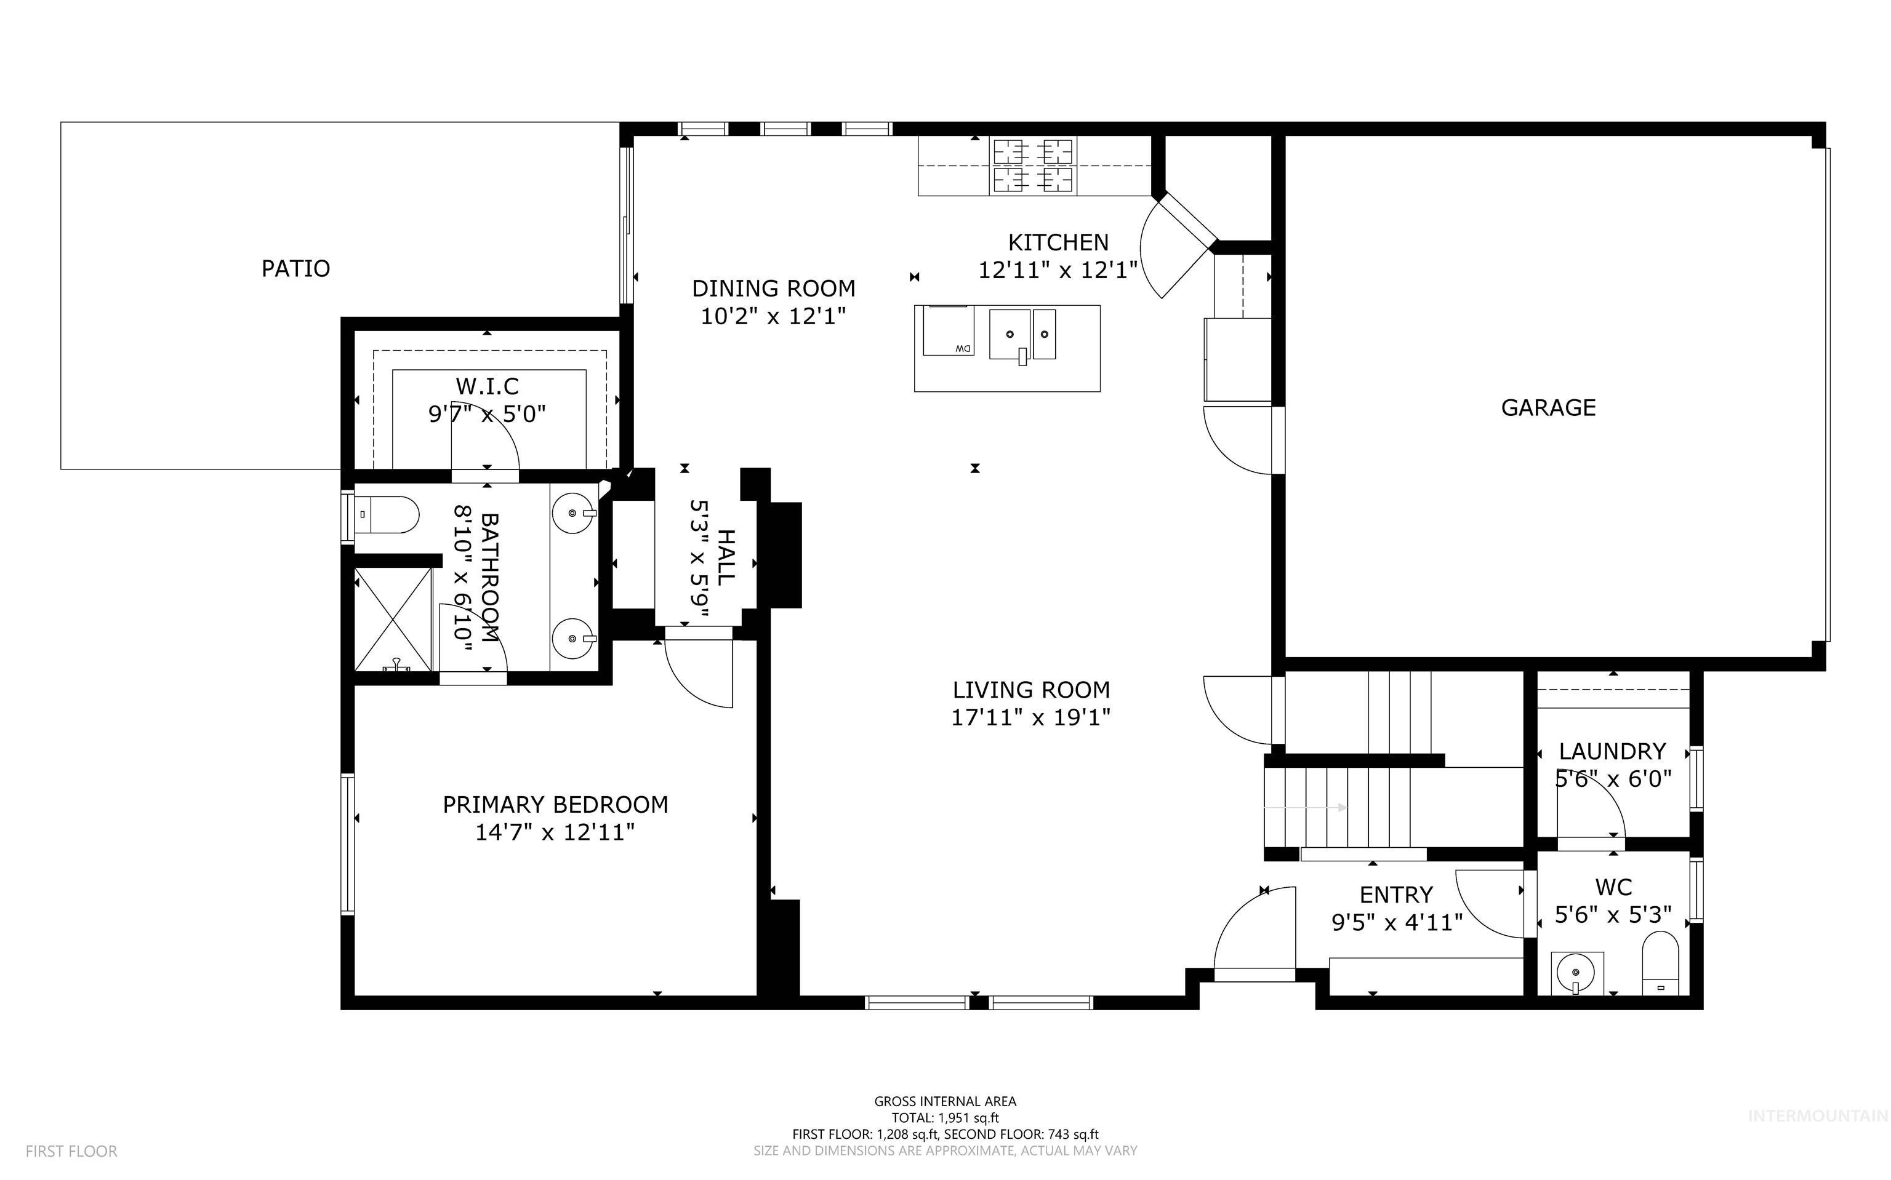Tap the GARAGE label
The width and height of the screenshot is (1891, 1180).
click(1548, 407)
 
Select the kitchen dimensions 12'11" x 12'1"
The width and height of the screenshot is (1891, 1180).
click(1058, 270)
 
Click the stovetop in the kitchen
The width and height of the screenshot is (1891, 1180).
click(1033, 165)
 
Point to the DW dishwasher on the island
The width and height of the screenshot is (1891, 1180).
click(948, 330)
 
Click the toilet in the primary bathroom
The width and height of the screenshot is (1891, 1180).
click(387, 515)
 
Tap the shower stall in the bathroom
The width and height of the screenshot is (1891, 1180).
click(393, 620)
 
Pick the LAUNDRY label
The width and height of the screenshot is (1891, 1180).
click(1612, 752)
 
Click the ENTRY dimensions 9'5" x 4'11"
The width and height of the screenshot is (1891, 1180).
click(1396, 922)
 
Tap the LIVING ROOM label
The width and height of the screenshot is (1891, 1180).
click(1030, 690)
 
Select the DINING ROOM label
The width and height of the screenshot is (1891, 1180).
click(773, 289)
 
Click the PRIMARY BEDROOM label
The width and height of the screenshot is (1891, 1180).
click(555, 805)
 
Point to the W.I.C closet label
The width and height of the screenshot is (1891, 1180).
click(487, 386)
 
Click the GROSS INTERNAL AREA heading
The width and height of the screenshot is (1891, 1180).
click(945, 1101)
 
